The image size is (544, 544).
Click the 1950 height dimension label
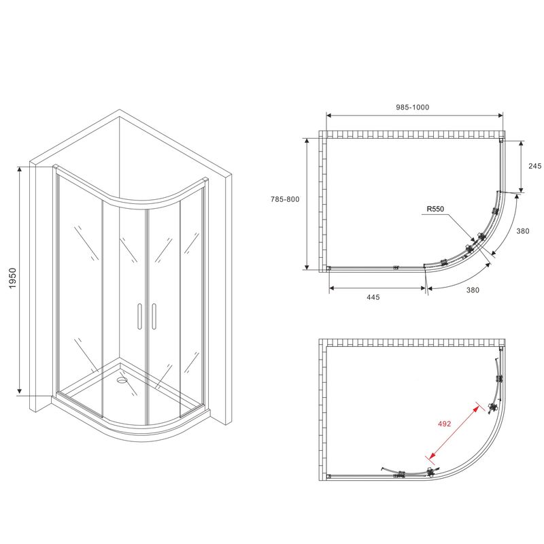[12, 278]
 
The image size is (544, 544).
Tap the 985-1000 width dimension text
[413, 107]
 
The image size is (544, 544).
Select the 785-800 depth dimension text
[285, 199]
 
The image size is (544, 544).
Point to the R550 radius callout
[435, 209]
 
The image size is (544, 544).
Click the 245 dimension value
[534, 166]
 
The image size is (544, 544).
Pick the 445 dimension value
[373, 297]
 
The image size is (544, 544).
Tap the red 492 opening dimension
[445, 424]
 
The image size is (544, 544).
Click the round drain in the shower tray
[122, 380]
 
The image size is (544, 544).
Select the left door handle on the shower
[139, 316]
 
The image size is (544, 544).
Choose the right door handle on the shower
[154, 316]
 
